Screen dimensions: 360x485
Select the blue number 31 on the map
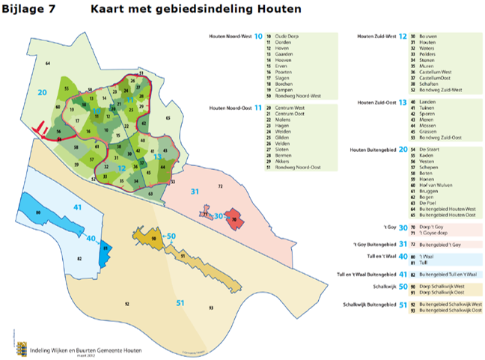[x=195, y=192]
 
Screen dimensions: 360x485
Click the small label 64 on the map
[x=48, y=65]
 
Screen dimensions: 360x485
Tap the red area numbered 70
[x=235, y=220]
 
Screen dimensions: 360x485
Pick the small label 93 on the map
[x=212, y=308]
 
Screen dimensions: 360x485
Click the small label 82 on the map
[x=79, y=258]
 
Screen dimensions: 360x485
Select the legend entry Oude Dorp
[x=287, y=35]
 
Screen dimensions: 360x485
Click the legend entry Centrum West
[x=290, y=108]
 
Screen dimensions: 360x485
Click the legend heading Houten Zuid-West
[x=377, y=35]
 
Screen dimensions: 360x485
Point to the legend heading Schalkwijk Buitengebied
[x=370, y=305]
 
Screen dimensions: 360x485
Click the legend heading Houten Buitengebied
[x=373, y=150]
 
